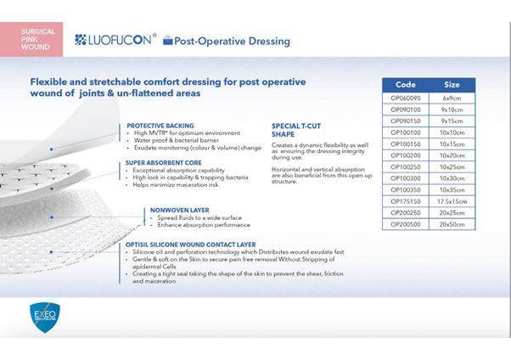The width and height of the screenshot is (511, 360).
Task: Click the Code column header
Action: click(x=406, y=85)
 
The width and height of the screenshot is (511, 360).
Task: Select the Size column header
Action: click(x=452, y=85)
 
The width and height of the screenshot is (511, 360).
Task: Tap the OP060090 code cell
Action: click(x=406, y=98)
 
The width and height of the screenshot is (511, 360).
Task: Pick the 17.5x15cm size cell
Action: click(x=452, y=201)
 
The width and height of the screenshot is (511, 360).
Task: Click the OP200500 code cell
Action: click(x=406, y=224)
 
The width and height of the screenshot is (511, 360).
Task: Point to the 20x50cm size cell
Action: click(x=452, y=224)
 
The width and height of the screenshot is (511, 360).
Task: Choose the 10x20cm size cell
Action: click(x=452, y=155)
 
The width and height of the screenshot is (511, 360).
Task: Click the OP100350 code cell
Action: click(x=406, y=190)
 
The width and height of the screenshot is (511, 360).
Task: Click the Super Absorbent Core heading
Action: click(x=163, y=161)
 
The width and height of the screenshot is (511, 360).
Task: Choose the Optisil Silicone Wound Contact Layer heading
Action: click(x=191, y=245)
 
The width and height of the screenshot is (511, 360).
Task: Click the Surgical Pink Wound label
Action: click(x=37, y=39)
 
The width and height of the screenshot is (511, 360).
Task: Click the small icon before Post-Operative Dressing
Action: click(x=167, y=41)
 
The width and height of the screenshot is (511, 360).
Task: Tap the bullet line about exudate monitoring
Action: click(x=195, y=148)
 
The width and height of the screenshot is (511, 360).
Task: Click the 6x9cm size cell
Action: click(x=452, y=98)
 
